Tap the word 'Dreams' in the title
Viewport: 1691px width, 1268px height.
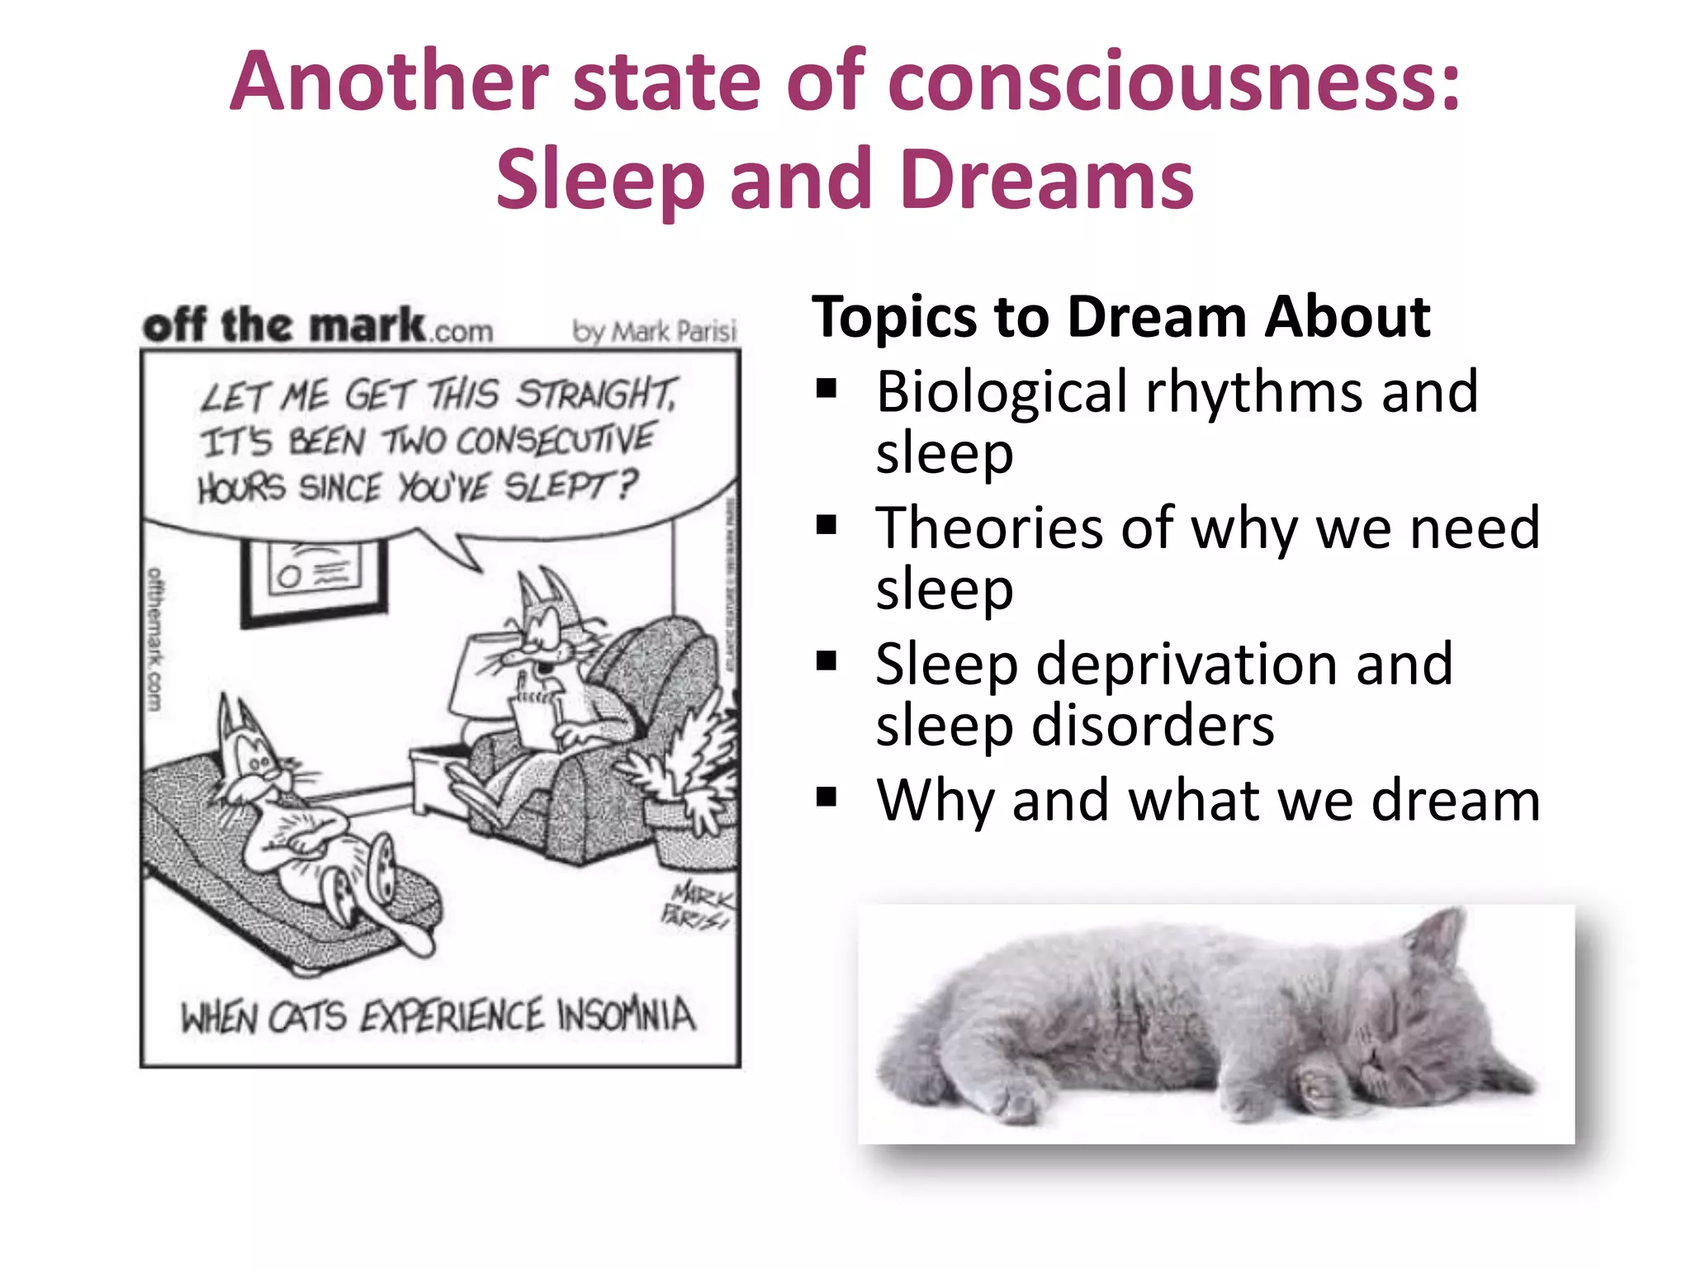1047,180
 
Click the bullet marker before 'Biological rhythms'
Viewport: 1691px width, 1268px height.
826,388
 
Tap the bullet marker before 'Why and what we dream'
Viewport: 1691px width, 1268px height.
826,797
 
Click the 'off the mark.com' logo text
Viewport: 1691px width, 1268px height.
318,325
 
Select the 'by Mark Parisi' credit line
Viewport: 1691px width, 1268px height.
654,332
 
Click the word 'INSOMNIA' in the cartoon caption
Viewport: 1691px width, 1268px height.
626,1015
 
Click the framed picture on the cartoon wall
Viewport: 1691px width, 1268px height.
314,578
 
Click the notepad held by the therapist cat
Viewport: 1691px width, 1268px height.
537,718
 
